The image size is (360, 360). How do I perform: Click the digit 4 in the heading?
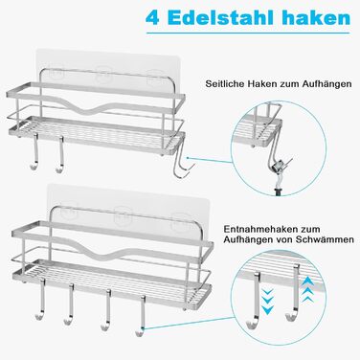tap(152, 18)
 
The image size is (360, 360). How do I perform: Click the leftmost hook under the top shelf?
tap(35, 153)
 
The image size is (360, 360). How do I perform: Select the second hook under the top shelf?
tap(60, 155)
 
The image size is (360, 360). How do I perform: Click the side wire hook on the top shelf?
tap(182, 163)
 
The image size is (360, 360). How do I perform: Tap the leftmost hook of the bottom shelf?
tap(39, 299)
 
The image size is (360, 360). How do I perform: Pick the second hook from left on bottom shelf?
tap(70, 304)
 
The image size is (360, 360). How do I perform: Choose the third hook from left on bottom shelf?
tap(106, 309)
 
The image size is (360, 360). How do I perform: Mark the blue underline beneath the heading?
tap(250, 33)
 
